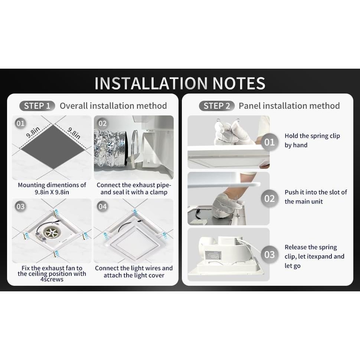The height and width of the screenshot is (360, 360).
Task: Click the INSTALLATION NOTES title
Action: pos(180,84)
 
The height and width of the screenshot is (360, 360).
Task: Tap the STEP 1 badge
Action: pos(37,106)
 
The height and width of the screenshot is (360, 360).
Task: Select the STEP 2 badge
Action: pos(217,106)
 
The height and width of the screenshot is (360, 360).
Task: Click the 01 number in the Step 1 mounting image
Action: pos(21,123)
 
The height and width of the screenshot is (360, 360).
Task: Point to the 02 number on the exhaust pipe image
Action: pos(102,123)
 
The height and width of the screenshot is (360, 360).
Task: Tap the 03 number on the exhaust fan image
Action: pos(21,206)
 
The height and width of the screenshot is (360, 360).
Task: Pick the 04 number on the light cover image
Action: pos(102,206)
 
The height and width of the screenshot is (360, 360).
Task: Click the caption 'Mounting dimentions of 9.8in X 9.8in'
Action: pos(52,189)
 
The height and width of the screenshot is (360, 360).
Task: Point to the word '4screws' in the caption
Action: pos(52,279)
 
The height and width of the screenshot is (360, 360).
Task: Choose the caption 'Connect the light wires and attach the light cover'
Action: pos(134,272)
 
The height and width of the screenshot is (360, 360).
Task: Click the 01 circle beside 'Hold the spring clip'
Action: pos(269,142)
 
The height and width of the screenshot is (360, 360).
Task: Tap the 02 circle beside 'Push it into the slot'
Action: pos(269,198)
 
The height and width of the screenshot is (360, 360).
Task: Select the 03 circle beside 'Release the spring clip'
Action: pos(269,255)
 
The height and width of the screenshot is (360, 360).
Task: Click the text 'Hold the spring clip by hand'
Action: pos(312,141)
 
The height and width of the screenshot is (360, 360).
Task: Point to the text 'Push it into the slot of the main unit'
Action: pos(315,197)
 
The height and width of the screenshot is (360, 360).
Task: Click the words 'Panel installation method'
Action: pos(289,106)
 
